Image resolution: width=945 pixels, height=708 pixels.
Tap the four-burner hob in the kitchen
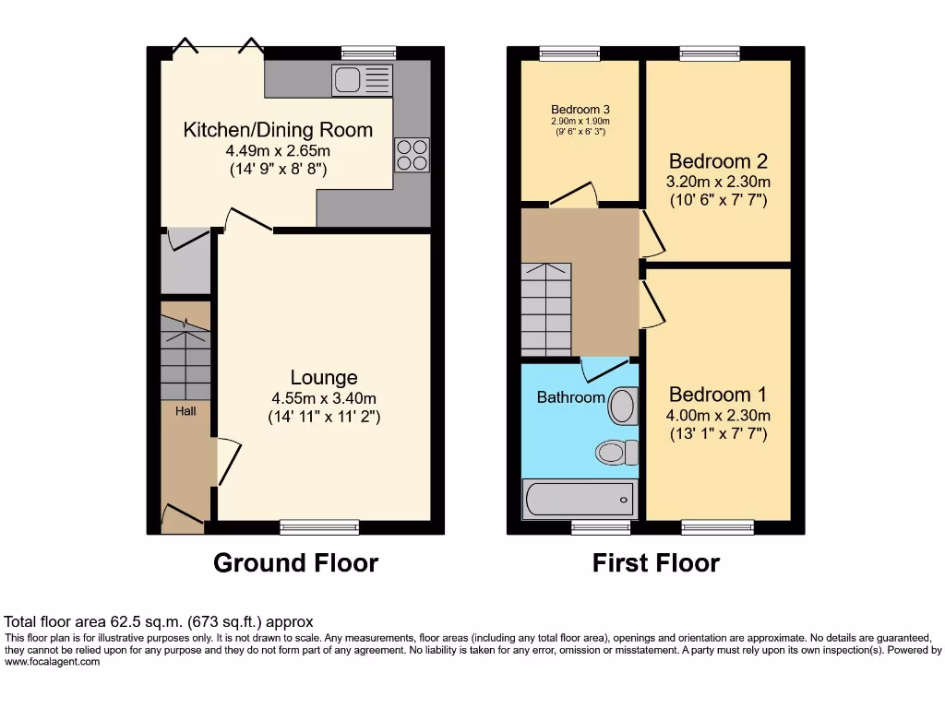point(412,154)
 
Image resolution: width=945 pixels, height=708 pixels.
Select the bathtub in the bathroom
point(579,499)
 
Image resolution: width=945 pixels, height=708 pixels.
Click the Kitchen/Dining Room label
point(278,130)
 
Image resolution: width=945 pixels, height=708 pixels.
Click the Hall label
point(185,410)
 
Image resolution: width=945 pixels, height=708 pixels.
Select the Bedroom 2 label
point(718,160)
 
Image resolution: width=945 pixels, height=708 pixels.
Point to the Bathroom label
point(571,397)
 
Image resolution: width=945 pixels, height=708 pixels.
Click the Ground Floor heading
point(295,562)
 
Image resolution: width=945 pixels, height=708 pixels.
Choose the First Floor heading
point(655,562)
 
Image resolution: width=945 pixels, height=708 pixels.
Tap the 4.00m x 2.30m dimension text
point(718,415)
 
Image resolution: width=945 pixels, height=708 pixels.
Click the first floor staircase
point(545,309)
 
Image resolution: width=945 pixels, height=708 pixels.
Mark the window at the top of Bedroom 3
point(569,53)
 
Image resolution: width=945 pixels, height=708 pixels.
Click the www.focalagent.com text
point(52,661)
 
